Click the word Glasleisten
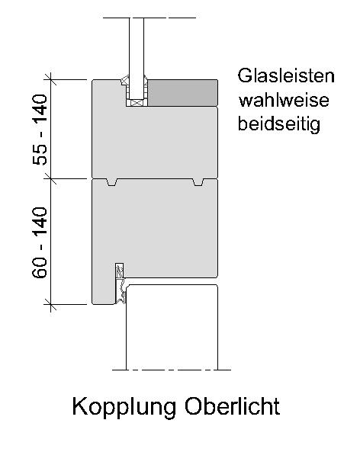(x=286, y=75)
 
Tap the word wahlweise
(x=284, y=100)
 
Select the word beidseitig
(x=279, y=124)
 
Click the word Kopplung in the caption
(x=124, y=408)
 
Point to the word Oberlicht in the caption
(x=232, y=406)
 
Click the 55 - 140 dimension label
(x=40, y=130)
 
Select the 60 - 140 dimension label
(x=40, y=242)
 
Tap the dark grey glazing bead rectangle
(x=183, y=93)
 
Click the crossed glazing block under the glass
(x=137, y=102)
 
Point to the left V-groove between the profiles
(x=112, y=182)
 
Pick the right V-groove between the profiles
(x=198, y=182)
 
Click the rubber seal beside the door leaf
(x=121, y=284)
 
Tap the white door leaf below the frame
(x=172, y=327)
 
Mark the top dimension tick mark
(x=50, y=80)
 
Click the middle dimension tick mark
(x=50, y=179)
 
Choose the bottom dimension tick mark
(x=50, y=304)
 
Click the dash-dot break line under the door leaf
(x=172, y=370)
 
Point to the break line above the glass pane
(x=149, y=18)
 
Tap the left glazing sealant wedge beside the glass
(x=125, y=80)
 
